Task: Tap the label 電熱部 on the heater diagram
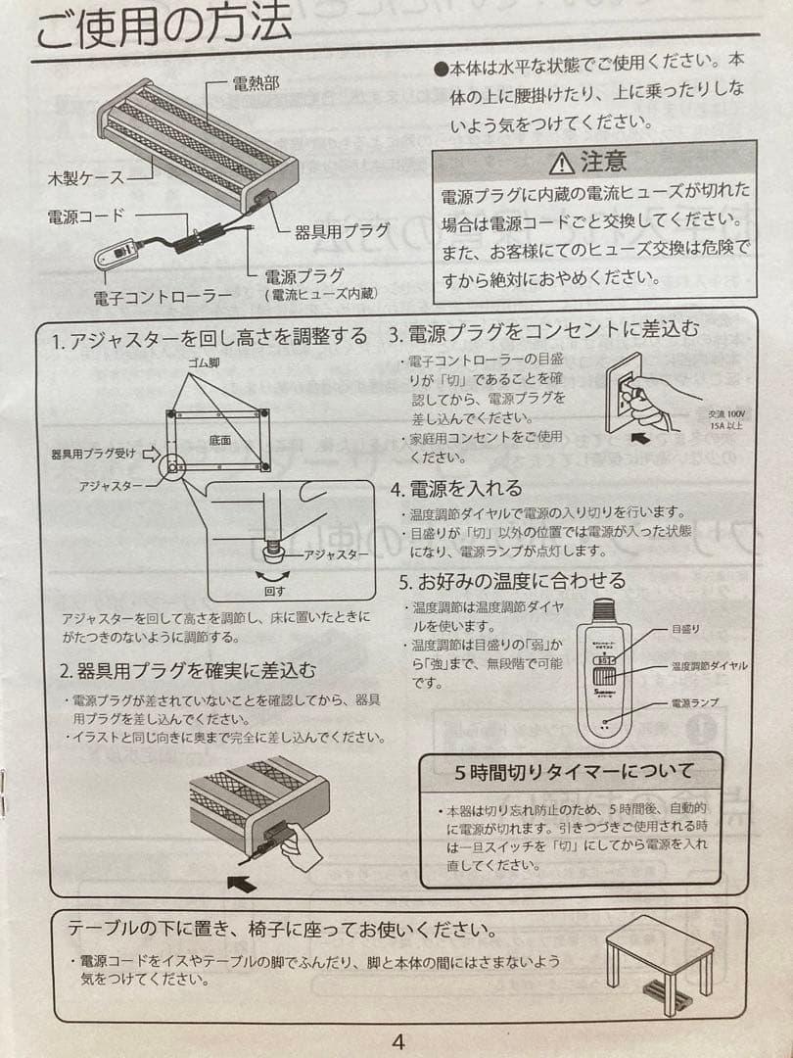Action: tap(256, 83)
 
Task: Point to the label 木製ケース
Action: tap(86, 178)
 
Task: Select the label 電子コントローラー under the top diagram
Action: tap(163, 295)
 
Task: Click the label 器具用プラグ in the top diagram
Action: tap(342, 231)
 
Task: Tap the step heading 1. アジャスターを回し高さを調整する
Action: tap(210, 338)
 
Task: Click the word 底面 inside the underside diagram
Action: tap(219, 441)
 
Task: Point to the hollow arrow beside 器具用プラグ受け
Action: tap(151, 454)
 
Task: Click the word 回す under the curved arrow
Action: tap(273, 592)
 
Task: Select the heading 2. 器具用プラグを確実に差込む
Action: tap(188, 672)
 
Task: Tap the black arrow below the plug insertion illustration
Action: tap(240, 884)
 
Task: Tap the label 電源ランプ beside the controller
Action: tap(694, 702)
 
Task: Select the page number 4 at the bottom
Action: tap(397, 1041)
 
